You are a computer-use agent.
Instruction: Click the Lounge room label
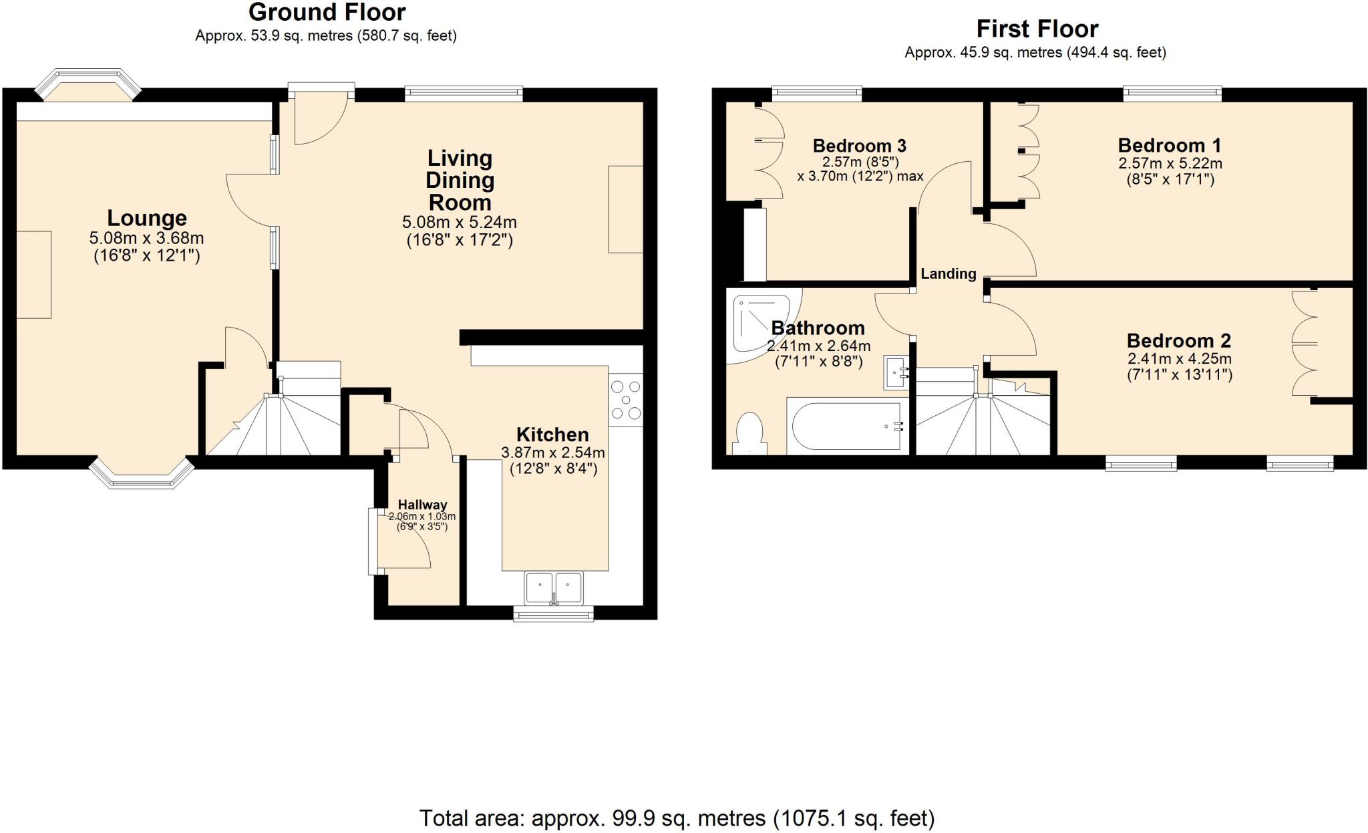147,218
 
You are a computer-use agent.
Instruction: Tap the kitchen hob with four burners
626,400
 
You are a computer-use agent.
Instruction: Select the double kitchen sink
554,588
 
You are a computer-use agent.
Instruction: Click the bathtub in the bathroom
845,426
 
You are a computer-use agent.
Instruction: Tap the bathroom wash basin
896,372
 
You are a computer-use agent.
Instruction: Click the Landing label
948,273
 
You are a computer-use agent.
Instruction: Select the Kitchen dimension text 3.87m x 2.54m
553,453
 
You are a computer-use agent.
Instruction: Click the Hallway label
422,505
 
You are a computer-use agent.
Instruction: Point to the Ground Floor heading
327,12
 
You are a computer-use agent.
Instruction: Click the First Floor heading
1037,29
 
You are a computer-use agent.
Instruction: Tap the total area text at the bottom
676,818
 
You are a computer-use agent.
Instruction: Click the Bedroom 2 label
1178,340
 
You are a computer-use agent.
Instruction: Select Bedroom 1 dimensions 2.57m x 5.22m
1170,163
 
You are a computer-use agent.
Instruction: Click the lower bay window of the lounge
142,474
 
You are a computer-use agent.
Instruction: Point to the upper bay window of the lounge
88,82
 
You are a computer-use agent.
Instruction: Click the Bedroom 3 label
859,146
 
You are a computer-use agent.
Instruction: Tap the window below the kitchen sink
553,614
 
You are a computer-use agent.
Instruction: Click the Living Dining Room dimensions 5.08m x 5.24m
459,222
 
